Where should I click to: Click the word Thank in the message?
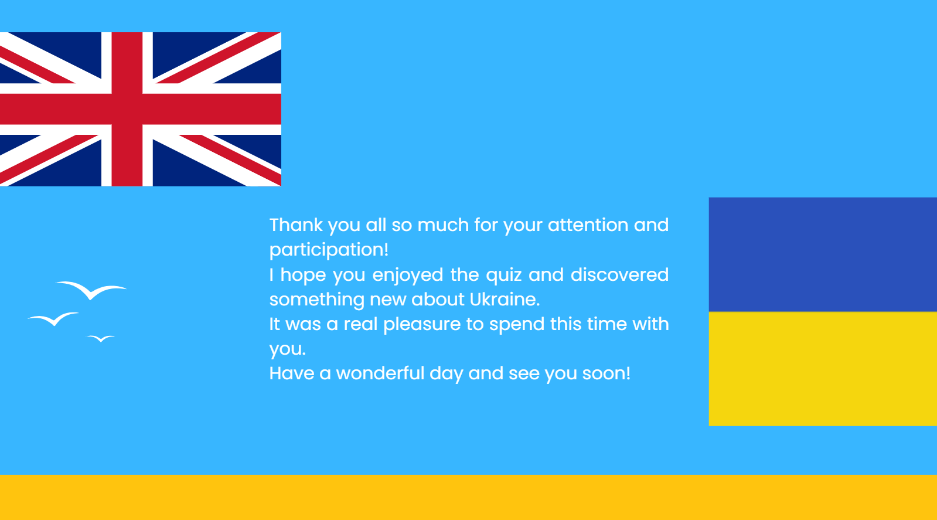(x=296, y=225)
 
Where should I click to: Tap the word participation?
(x=329, y=250)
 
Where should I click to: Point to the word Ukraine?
(x=505, y=299)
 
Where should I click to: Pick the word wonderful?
(x=380, y=373)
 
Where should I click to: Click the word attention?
(x=588, y=225)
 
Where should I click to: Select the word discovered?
(x=619, y=274)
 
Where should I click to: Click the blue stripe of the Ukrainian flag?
(x=823, y=254)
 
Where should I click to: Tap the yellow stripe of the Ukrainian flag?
(x=823, y=369)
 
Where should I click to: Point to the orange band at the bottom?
(x=469, y=497)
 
